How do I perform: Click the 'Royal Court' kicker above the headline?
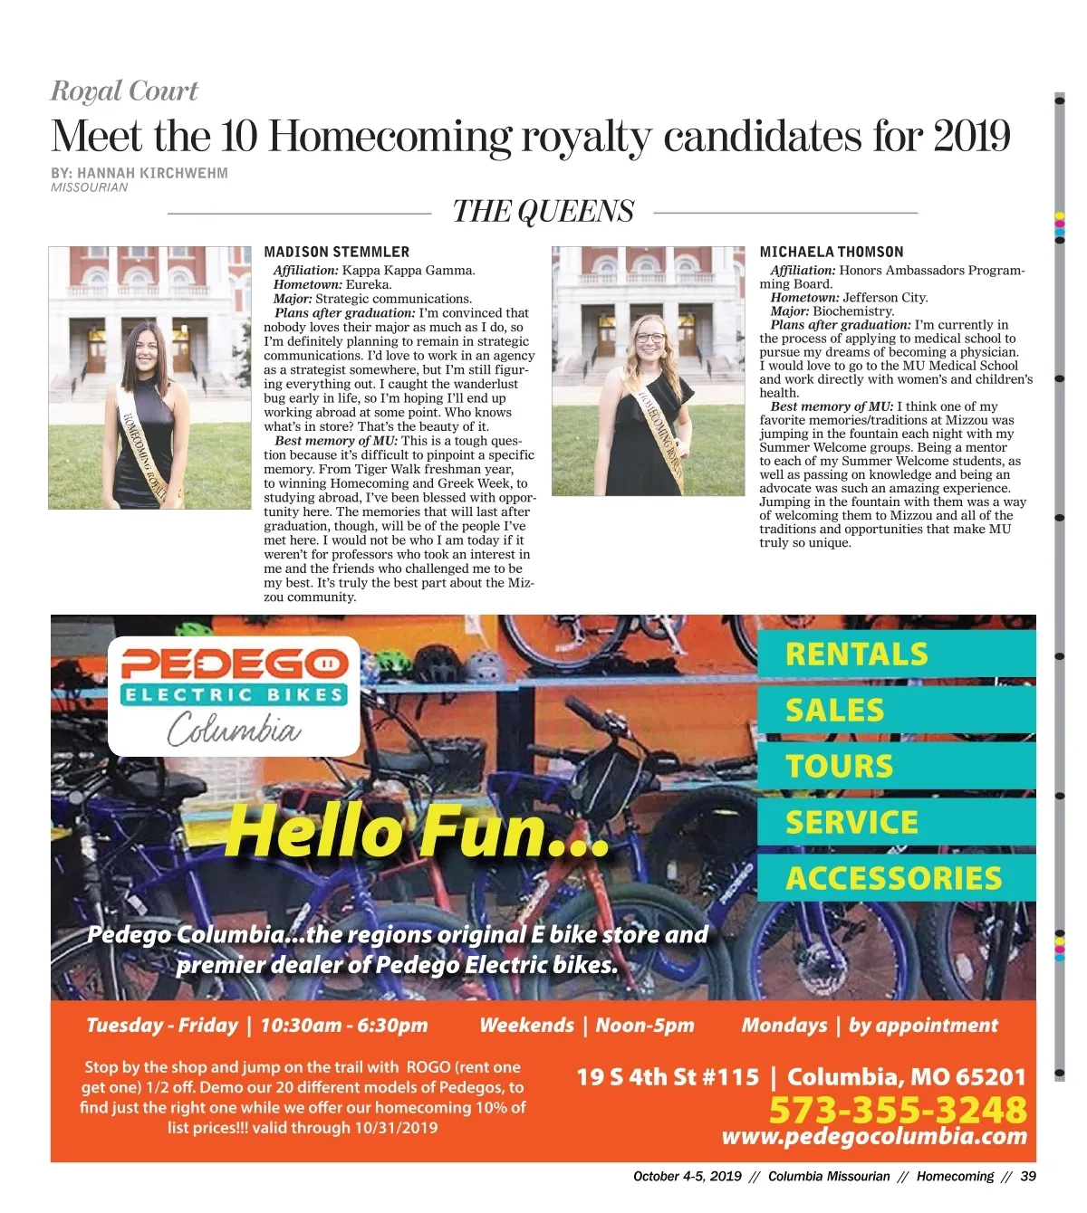coord(124,91)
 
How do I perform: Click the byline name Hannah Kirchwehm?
coord(152,173)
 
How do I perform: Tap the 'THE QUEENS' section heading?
coord(543,212)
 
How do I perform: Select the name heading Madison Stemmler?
coord(336,252)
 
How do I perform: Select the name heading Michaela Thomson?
coord(831,252)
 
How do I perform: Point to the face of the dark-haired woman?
coord(147,347)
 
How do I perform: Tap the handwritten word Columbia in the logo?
coord(234,729)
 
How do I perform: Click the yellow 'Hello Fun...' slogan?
coord(418,831)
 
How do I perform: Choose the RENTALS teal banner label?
coord(856,654)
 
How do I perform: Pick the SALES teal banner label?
coord(834,711)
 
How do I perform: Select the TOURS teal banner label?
coord(839,767)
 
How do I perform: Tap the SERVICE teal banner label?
coord(851,823)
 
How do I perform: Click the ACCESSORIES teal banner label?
coord(893,878)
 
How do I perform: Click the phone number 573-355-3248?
coord(898,1110)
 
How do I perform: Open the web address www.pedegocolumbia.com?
coord(874,1137)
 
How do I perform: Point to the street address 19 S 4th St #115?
coord(668,1077)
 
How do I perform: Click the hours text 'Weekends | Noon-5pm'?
coord(587,1026)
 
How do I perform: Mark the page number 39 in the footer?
coord(1027,1177)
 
